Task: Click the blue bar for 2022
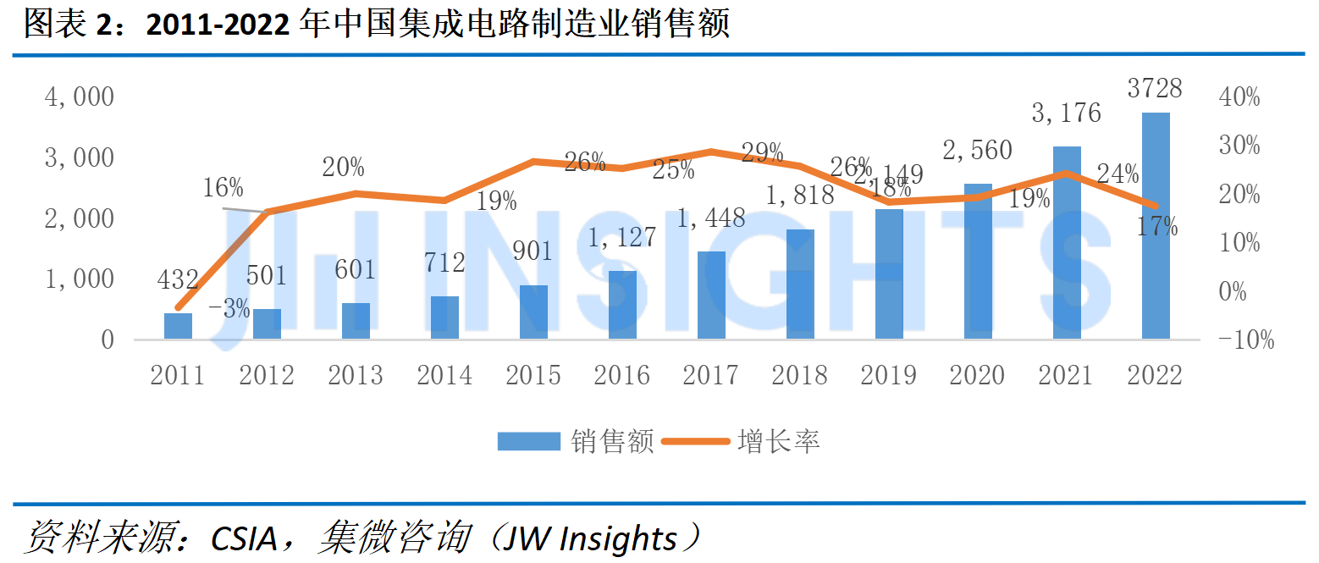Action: coord(1156,225)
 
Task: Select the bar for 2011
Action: coord(178,326)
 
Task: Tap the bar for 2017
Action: coord(711,295)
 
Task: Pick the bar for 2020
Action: coord(978,261)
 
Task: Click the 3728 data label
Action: coord(1155,88)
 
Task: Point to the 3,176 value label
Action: coord(1066,113)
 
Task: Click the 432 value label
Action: coord(178,279)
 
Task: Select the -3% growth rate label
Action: coord(229,308)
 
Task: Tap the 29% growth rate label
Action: coord(763,152)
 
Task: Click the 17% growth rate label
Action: coord(1157,226)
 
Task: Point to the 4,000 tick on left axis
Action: coord(80,97)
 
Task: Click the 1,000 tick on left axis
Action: coord(80,279)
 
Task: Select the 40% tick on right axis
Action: coord(1239,97)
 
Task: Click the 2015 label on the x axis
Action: coord(533,375)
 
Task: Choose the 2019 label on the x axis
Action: coord(889,375)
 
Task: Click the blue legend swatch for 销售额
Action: coord(529,441)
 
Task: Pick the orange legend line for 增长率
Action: coord(696,441)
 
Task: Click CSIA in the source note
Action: coord(244,538)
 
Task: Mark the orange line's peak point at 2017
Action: coord(711,152)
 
